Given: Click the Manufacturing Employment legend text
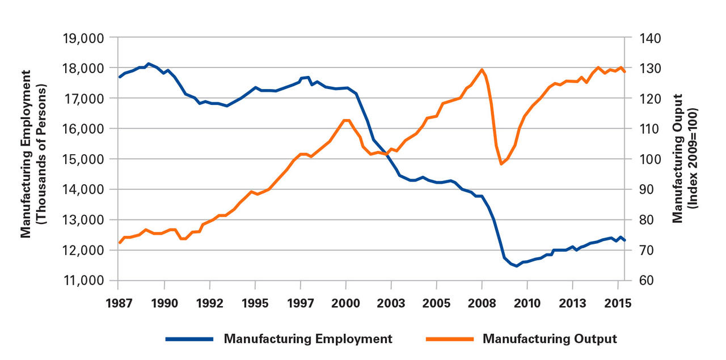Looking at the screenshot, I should click(x=308, y=339).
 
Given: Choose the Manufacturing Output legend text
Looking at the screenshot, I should click(x=549, y=339).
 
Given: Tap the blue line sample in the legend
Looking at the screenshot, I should click(x=189, y=339).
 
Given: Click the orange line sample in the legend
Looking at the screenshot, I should click(x=448, y=339).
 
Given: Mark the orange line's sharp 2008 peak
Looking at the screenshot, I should click(x=482, y=70).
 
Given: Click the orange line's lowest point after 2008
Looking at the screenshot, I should click(x=501, y=164).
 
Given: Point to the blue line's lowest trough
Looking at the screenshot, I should click(x=516, y=266).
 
